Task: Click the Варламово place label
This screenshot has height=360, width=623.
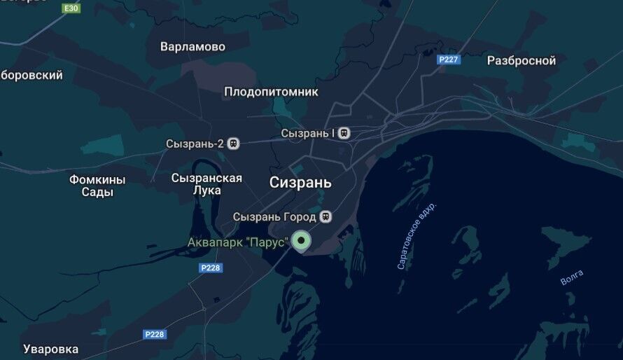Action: tap(192, 47)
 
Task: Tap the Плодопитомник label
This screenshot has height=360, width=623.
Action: tap(271, 92)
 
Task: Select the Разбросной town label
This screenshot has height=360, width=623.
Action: tap(521, 61)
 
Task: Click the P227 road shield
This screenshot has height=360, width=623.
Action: tap(448, 60)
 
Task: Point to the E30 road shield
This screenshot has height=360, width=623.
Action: tap(71, 8)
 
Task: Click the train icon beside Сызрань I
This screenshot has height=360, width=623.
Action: tap(344, 132)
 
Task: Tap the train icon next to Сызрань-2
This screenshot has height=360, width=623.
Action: tap(234, 144)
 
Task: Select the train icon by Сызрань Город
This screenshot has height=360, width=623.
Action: tap(325, 216)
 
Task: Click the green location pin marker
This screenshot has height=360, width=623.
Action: tap(301, 242)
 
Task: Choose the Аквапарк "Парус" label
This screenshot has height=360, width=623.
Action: tap(238, 242)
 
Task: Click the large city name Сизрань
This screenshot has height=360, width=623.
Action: tap(300, 183)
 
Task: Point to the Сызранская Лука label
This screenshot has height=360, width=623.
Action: tap(206, 184)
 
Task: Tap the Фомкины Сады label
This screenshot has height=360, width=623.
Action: tap(97, 186)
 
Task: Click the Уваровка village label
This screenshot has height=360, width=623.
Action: tap(50, 349)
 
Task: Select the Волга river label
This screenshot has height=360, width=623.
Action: tap(571, 279)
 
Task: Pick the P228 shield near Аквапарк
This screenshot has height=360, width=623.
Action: tap(210, 268)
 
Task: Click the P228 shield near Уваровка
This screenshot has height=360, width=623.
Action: tap(155, 335)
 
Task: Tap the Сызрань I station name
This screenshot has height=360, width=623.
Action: tap(308, 132)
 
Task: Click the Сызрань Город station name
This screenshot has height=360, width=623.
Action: tap(275, 216)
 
